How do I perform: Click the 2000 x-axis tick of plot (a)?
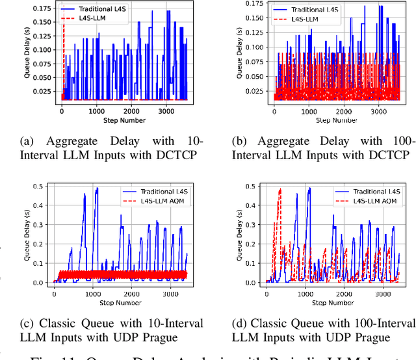click(134, 111)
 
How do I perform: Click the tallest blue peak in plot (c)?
click(97, 189)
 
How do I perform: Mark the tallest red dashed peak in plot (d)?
click(280, 190)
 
